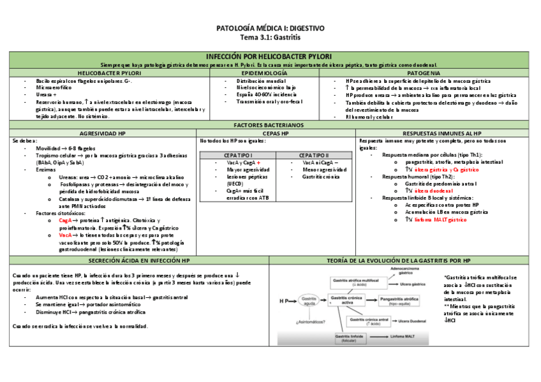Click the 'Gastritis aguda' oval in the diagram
pos(309,301)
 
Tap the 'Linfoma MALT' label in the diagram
pos(403,336)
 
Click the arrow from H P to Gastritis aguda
pos(294,301)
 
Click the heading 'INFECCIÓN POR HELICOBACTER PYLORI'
pos(269,57)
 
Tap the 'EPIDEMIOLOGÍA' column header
pos(251,74)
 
